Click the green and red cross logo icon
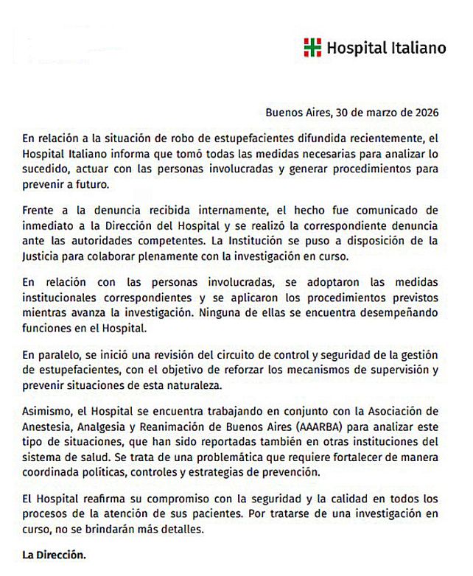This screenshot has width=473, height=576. point(312,48)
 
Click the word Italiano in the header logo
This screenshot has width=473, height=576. point(418,49)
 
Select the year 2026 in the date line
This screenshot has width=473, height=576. point(426,113)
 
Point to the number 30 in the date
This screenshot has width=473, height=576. point(341,113)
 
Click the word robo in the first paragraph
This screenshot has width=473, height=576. point(189,138)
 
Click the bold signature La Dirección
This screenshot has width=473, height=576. point(54,556)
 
